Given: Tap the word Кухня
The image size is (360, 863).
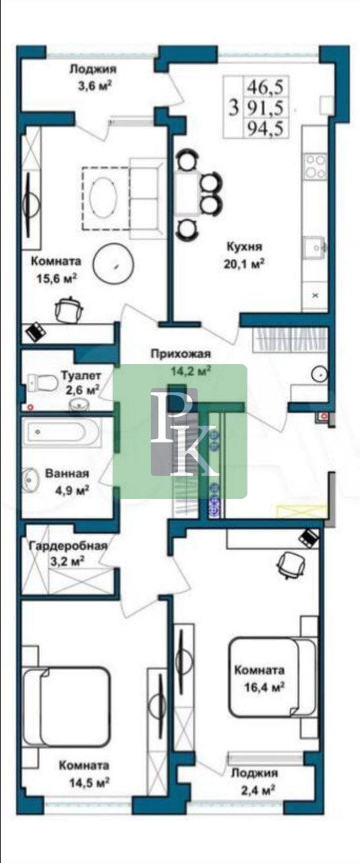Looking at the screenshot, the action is click(x=243, y=247).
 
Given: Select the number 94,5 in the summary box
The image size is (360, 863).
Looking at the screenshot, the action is click(x=265, y=127).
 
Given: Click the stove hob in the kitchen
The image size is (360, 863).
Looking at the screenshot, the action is click(x=316, y=167).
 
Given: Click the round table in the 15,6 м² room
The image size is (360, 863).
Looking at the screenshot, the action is click(x=115, y=265).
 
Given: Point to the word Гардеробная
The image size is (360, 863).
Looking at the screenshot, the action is click(x=68, y=546).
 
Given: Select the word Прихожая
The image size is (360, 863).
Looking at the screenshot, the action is click(x=181, y=353).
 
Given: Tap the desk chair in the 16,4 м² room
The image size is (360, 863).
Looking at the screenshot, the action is click(x=291, y=564).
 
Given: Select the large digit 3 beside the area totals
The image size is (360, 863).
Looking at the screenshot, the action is click(x=233, y=107).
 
